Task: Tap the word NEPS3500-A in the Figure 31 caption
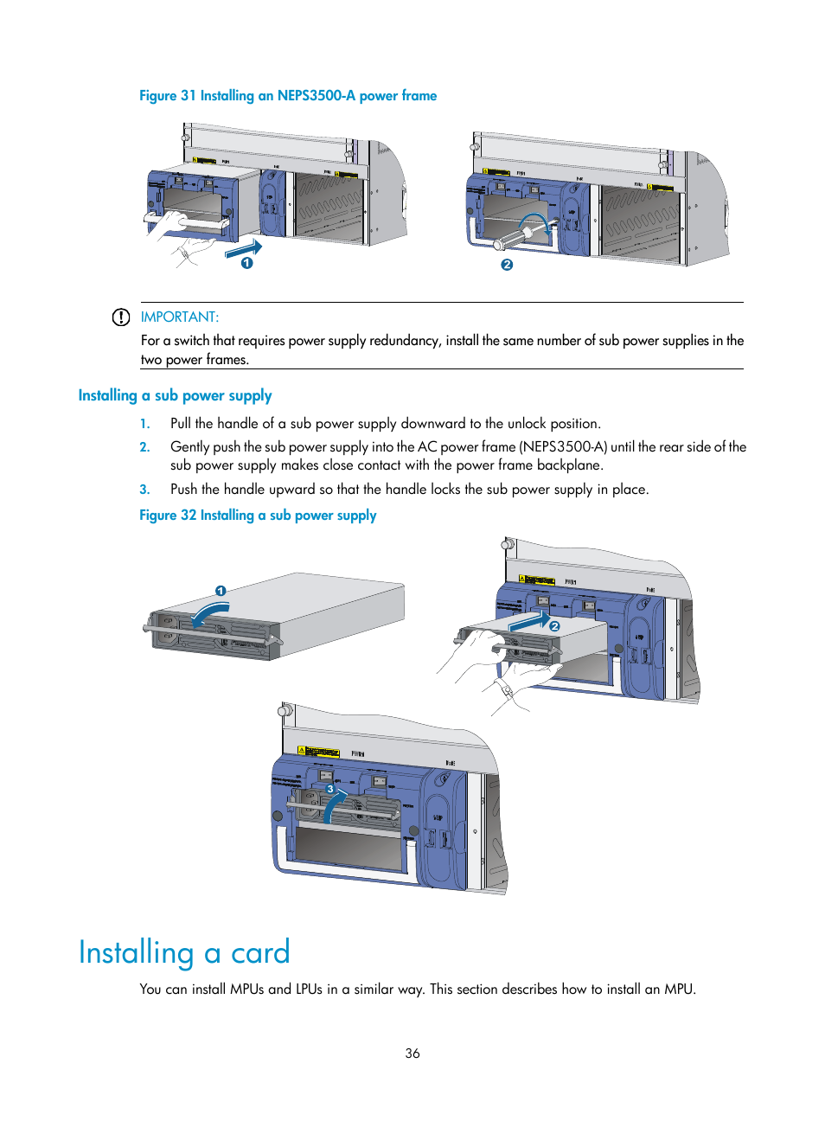pyautogui.click(x=316, y=96)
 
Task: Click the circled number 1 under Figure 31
pyautogui.click(x=247, y=263)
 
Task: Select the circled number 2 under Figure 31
pyautogui.click(x=507, y=265)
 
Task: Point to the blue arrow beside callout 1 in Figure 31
pyautogui.click(x=243, y=249)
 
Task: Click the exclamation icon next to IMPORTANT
pyautogui.click(x=121, y=317)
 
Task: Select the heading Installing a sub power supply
pyautogui.click(x=175, y=395)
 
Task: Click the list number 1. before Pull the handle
pyautogui.click(x=144, y=424)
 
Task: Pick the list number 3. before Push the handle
pyautogui.click(x=144, y=490)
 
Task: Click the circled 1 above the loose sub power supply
pyautogui.click(x=221, y=591)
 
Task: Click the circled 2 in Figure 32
pyautogui.click(x=555, y=625)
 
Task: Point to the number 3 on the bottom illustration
pyautogui.click(x=329, y=789)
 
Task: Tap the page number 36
pyautogui.click(x=412, y=1054)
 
